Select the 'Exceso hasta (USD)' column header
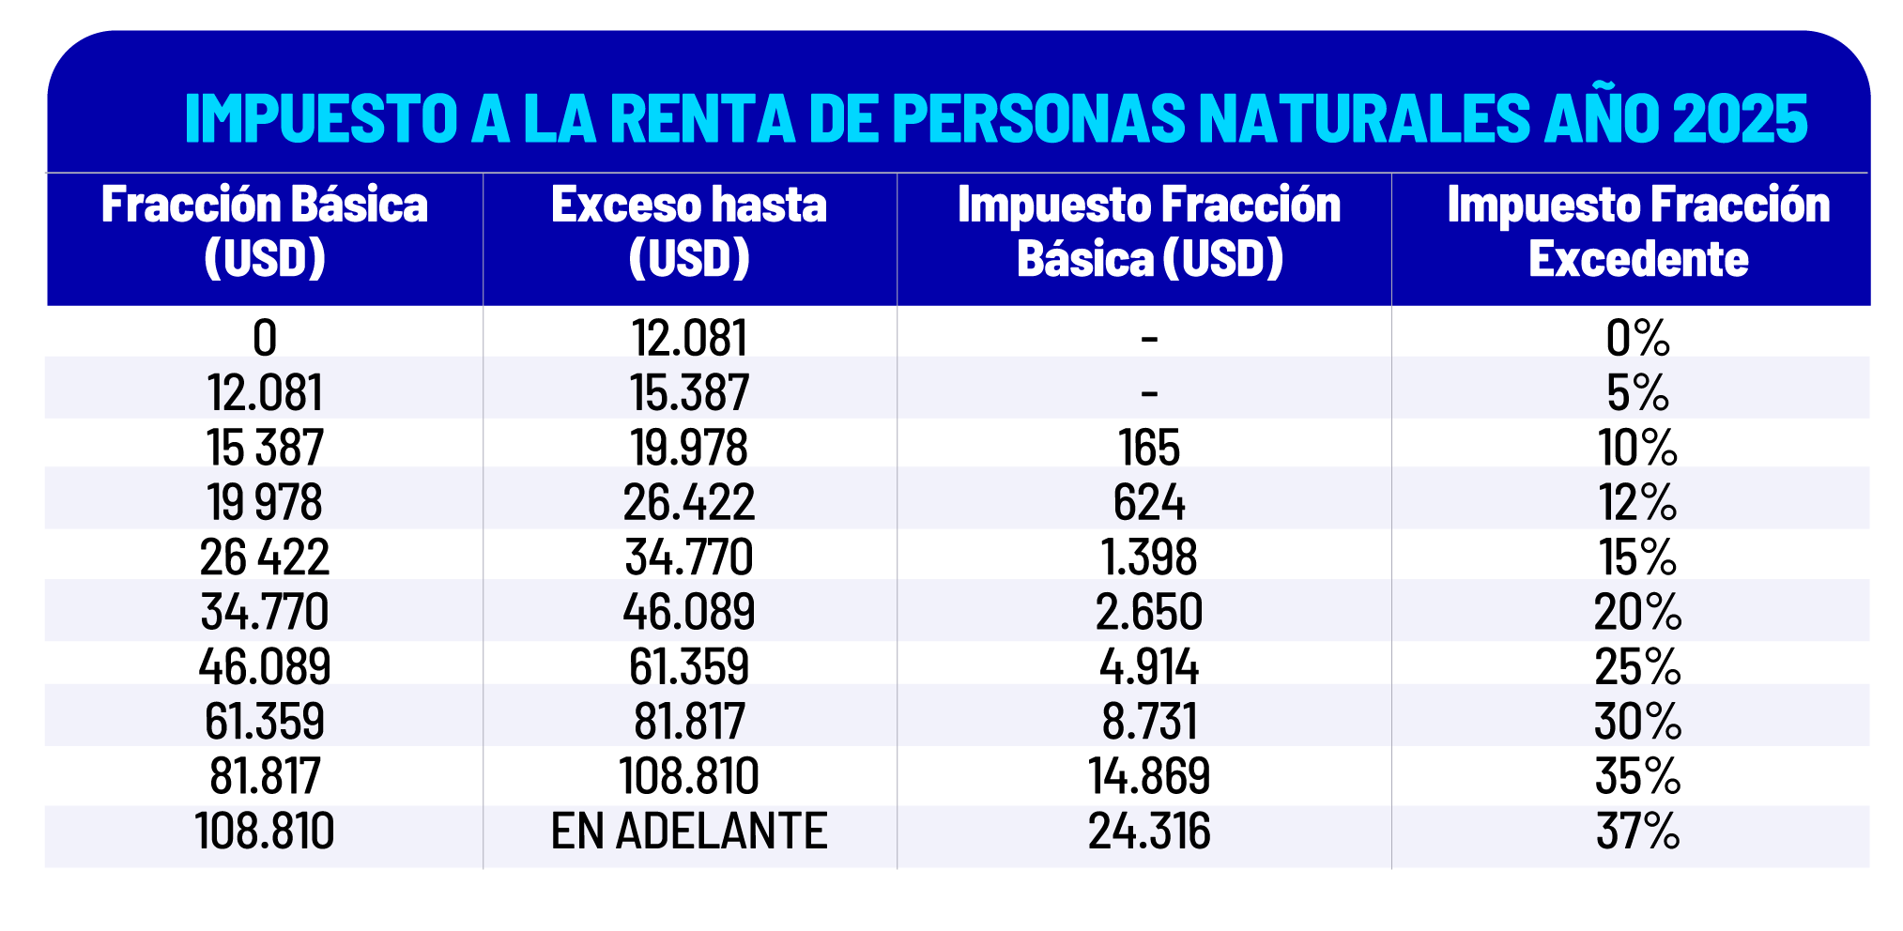(x=689, y=232)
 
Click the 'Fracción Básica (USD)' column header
(x=265, y=232)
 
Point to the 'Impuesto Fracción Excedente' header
(x=1638, y=232)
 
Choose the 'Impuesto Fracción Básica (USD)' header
(x=1149, y=232)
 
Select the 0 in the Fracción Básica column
(x=265, y=339)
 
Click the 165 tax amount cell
(x=1149, y=448)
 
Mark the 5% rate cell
(x=1638, y=393)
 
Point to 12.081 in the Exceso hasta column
(x=689, y=339)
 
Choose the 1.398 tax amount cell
(x=1149, y=557)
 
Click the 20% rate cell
(x=1638, y=612)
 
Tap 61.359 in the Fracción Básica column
(x=265, y=722)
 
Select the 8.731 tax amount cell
(x=1149, y=722)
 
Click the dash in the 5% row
(x=1149, y=391)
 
